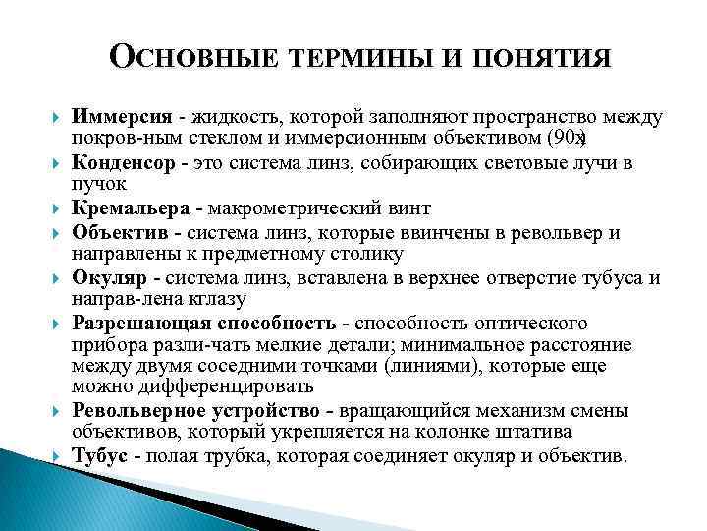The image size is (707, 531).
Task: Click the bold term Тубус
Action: (100, 456)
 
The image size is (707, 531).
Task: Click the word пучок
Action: (96, 183)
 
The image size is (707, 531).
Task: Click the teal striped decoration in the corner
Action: (39, 492)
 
